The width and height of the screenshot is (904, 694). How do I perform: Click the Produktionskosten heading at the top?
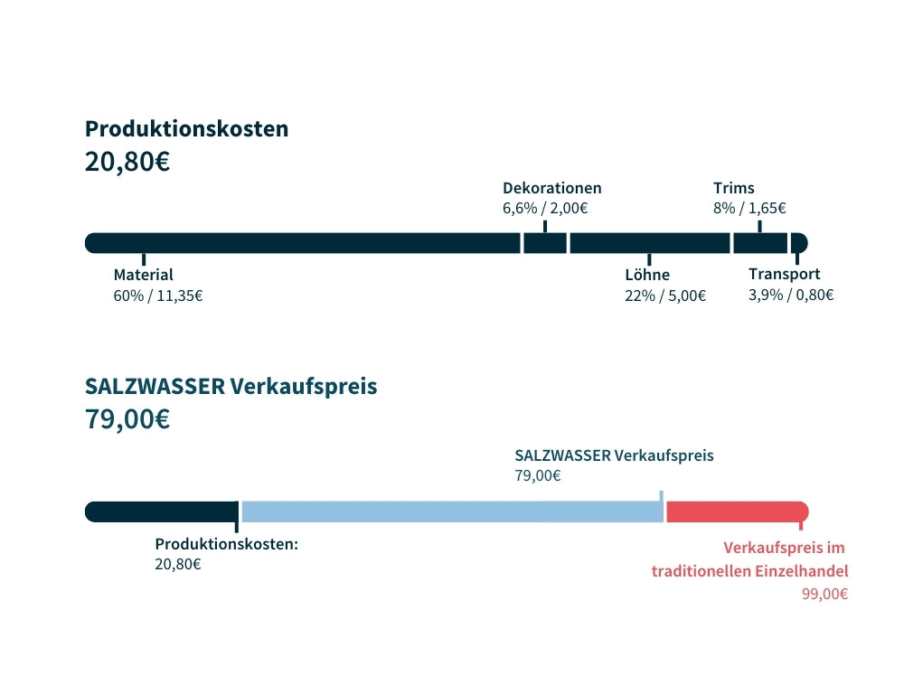tap(186, 128)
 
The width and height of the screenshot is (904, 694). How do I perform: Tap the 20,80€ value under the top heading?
tap(127, 163)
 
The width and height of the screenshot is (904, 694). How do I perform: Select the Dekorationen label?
tap(551, 188)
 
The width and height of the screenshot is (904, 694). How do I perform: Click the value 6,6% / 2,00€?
tap(545, 208)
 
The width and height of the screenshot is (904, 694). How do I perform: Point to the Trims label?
tap(733, 188)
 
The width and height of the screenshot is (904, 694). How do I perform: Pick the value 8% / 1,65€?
tap(749, 208)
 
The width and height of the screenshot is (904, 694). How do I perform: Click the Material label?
tap(143, 275)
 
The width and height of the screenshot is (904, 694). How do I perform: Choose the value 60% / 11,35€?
tap(157, 295)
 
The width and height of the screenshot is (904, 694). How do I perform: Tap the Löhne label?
tap(647, 275)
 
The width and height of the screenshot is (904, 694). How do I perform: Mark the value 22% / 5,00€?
tap(665, 295)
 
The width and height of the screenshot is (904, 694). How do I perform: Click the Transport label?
tap(784, 274)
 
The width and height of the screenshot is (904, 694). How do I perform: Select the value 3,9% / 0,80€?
tap(790, 295)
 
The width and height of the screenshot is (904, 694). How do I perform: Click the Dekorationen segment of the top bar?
tap(545, 243)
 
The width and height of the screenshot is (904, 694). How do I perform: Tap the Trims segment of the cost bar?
tap(759, 243)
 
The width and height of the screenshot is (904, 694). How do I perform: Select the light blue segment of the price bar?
tap(452, 511)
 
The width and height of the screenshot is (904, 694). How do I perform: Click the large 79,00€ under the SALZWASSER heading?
tap(127, 420)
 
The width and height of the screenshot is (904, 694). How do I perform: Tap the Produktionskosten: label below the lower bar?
tap(226, 544)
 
